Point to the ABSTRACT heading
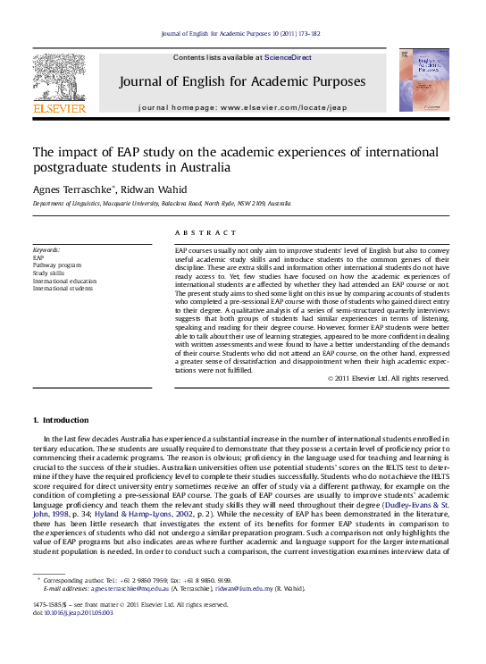pyautogui.click(x=197, y=231)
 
